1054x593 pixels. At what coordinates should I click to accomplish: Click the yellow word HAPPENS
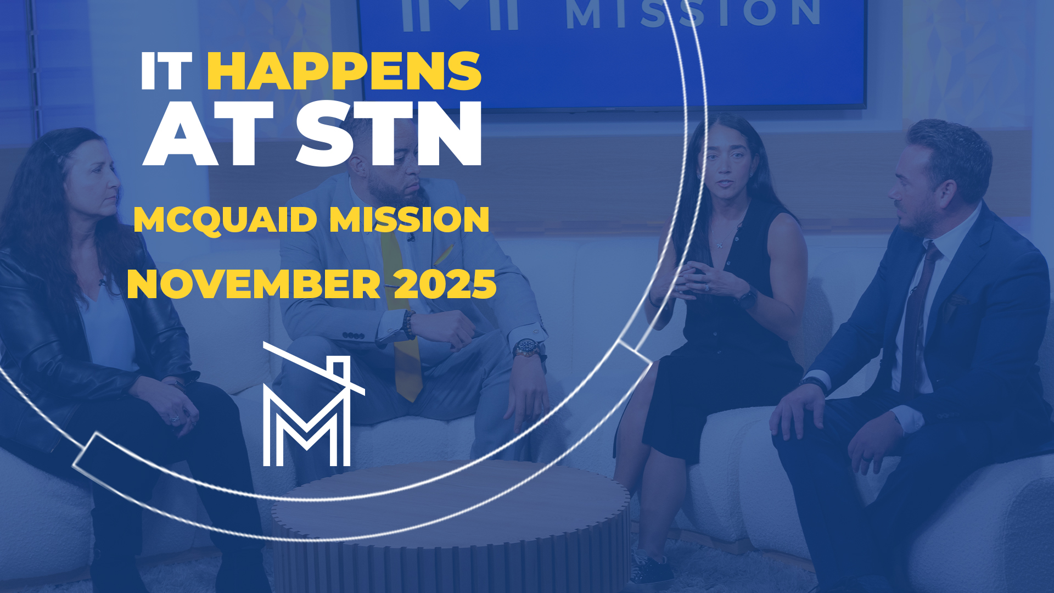coord(344,71)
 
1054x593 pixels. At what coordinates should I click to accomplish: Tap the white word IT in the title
coord(166,71)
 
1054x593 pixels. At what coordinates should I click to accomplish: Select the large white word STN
coord(389,133)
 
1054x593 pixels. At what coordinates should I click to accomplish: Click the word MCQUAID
coord(225,220)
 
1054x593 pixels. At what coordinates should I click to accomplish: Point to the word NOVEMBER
coord(254,284)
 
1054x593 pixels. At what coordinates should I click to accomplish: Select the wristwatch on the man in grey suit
coord(527,348)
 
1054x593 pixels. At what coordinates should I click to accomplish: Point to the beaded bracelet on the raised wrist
coord(408,324)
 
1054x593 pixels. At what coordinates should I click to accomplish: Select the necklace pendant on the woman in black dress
coord(719,245)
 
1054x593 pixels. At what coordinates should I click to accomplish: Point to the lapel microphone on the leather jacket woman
coord(102,282)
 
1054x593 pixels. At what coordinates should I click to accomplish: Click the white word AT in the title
coord(209,133)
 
